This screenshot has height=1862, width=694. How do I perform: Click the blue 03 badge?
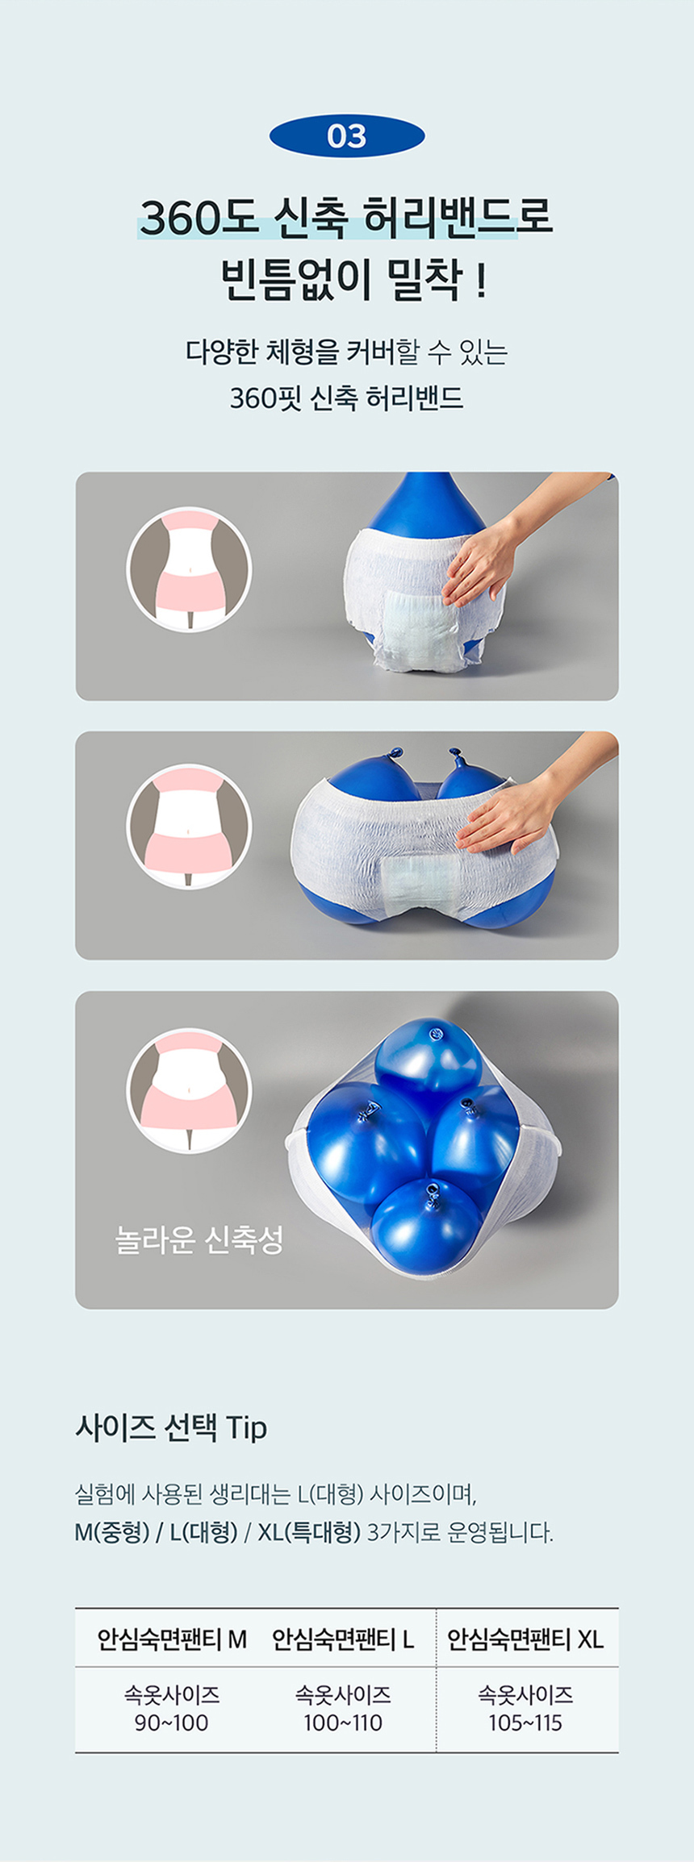pos(347,135)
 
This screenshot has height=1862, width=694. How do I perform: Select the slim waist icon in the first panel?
pos(190,569)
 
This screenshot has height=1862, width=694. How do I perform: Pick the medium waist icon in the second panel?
pos(190,827)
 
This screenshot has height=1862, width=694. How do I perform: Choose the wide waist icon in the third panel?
pos(190,1090)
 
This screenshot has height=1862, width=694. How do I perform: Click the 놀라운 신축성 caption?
pos(199,1239)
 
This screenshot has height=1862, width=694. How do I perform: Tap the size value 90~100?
pos(171,1722)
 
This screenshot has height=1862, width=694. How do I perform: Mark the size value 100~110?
pos(343,1722)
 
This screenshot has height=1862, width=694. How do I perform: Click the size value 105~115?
pos(525,1722)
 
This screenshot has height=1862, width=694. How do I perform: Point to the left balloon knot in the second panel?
pos(394,754)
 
